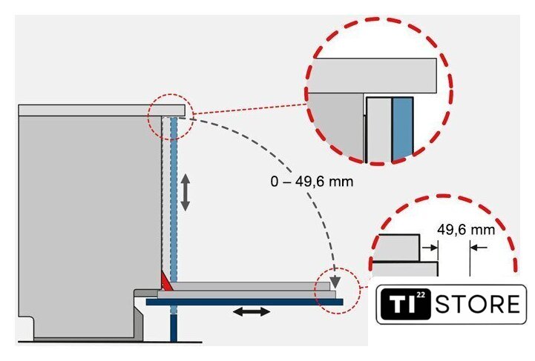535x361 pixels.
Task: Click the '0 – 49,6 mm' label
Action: (x=312, y=182)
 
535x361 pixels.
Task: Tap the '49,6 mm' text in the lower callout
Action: (x=466, y=230)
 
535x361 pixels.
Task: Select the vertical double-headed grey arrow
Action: (x=185, y=192)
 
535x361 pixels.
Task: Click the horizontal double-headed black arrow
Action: (x=252, y=311)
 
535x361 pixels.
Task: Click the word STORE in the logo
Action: (x=478, y=304)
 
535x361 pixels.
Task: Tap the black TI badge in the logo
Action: (x=406, y=304)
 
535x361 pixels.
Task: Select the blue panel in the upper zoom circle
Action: (x=403, y=129)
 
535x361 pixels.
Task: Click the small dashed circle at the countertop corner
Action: (x=171, y=116)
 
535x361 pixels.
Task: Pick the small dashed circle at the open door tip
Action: (x=338, y=291)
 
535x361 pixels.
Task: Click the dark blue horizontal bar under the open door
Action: (x=244, y=302)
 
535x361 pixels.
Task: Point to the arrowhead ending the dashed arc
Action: (x=335, y=282)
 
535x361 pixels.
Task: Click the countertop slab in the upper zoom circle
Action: (x=372, y=76)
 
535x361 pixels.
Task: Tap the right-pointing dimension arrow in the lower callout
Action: (x=430, y=248)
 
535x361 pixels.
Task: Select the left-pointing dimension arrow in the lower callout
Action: (x=479, y=248)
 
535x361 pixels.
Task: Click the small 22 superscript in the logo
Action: (x=421, y=295)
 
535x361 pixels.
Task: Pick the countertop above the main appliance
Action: (x=102, y=110)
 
